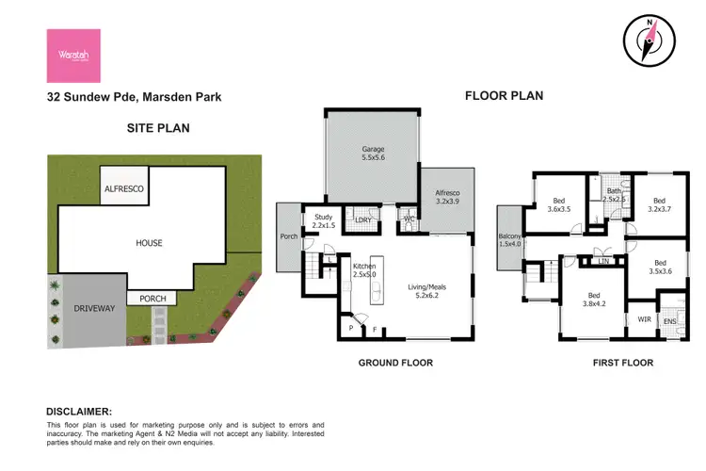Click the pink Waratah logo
click(x=73, y=55)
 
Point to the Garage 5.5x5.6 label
click(x=374, y=154)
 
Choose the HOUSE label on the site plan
click(x=148, y=243)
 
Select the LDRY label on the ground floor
click(x=362, y=220)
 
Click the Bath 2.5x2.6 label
click(x=614, y=195)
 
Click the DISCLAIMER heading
click(x=79, y=412)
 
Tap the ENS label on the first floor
click(x=669, y=322)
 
